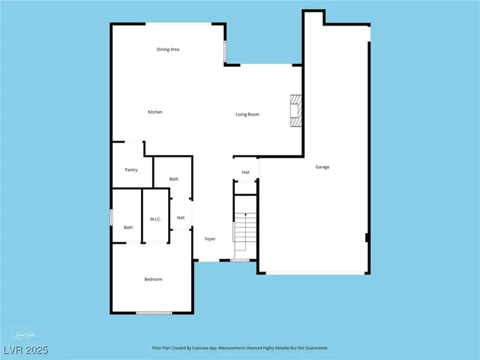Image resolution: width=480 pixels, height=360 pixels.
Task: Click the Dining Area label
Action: pos(168,49)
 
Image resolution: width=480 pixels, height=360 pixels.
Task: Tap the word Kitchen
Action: pos(154,112)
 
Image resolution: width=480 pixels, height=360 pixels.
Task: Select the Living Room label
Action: pos(247,114)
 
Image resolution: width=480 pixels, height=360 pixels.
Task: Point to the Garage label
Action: pos(322,167)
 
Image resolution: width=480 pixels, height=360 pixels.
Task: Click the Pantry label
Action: pos(130,170)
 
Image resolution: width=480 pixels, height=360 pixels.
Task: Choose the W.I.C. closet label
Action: pos(156,219)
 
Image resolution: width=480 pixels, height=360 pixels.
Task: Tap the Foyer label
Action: pos(210,239)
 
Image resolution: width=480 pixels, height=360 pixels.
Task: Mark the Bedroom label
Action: pos(153,280)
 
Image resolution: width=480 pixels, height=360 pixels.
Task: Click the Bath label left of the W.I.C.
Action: pos(128,227)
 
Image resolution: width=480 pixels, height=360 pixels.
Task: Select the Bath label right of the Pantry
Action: pos(174,179)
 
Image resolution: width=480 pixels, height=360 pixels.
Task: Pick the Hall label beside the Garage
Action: pos(245,172)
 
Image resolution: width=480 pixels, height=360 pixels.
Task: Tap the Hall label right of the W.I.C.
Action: pos(181,218)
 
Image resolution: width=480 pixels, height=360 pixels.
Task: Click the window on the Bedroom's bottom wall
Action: pos(154,312)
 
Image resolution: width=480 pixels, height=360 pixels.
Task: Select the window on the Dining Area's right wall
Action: pos(225,51)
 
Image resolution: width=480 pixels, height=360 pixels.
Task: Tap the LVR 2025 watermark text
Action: pos(24,349)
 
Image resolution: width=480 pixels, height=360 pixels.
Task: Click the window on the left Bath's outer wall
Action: pos(112,217)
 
